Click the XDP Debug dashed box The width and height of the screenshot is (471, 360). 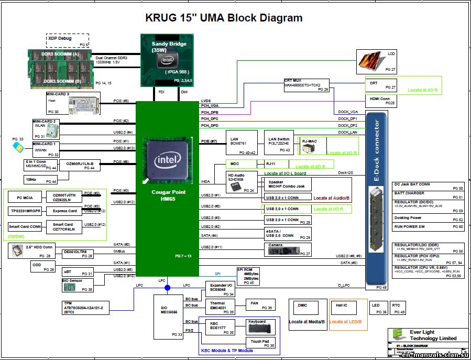tap(68, 40)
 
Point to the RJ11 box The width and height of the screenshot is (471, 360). tap(276, 164)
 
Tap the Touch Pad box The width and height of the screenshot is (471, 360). tap(260, 343)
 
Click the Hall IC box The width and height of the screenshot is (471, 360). tap(348, 314)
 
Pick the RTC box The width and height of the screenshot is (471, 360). tap(398, 308)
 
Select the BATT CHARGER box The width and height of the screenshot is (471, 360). tap(429, 194)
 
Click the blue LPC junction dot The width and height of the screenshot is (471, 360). tap(167, 288)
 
